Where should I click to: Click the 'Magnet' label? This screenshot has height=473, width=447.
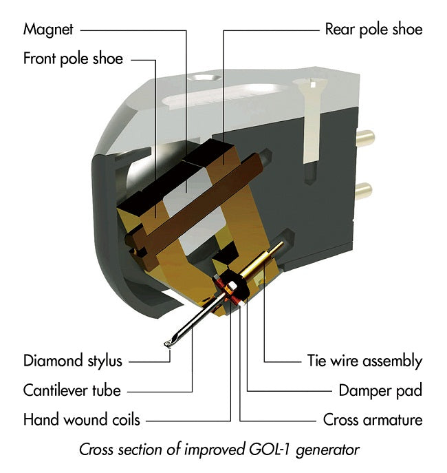coord(48,30)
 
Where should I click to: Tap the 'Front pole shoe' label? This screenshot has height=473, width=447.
coord(73,58)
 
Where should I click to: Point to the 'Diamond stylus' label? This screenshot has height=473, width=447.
coord(72,361)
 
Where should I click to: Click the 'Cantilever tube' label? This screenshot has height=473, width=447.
coord(72,390)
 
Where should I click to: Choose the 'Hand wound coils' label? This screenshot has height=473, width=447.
coord(81,419)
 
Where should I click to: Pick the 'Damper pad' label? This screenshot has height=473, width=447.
coord(380,390)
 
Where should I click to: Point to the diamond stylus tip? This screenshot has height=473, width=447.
coord(167,344)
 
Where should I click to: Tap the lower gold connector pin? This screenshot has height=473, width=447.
coord(364,188)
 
